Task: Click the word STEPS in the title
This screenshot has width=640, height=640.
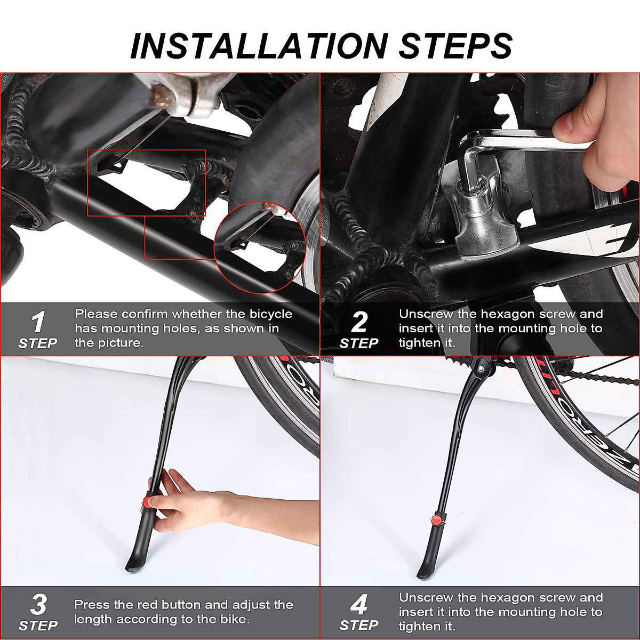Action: tap(455, 46)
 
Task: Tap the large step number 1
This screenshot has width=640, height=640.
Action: tap(38, 322)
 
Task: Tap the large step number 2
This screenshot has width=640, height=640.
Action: tap(359, 322)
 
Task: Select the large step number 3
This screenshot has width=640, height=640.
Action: tap(38, 604)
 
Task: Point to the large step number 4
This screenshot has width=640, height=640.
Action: tap(359, 604)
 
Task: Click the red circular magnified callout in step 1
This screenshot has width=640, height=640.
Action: tap(260, 247)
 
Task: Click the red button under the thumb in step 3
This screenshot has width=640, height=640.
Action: tap(147, 502)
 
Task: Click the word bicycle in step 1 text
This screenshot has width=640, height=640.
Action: tap(271, 314)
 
